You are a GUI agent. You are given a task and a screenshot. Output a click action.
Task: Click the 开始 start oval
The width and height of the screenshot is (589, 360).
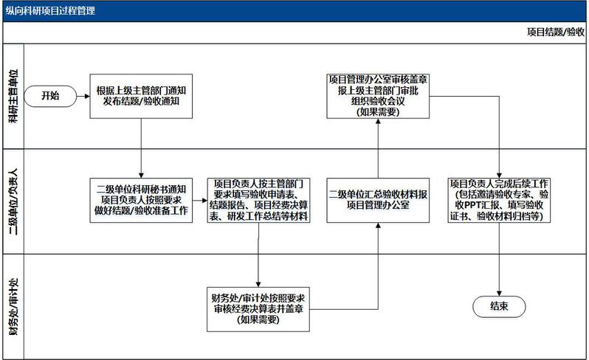pyautogui.click(x=49, y=95)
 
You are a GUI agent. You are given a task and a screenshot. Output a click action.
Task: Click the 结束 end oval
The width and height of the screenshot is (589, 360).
pyautogui.click(x=498, y=305)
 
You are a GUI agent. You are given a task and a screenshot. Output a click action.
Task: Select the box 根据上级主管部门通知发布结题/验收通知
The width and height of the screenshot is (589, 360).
pyautogui.click(x=141, y=95)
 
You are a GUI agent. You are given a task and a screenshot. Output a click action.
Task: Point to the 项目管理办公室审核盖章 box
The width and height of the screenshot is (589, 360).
pyautogui.click(x=377, y=94)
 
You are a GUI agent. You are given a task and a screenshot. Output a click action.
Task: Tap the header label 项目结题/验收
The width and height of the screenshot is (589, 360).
pyautogui.click(x=555, y=33)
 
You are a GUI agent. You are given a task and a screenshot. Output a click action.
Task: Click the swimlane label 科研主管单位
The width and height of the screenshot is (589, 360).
pyautogui.click(x=13, y=94)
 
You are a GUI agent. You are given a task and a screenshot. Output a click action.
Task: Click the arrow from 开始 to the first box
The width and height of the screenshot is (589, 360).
pyautogui.click(x=83, y=95)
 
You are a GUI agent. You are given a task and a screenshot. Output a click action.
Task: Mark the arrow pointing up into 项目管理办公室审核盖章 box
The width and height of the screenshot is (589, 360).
pyautogui.click(x=377, y=148)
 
